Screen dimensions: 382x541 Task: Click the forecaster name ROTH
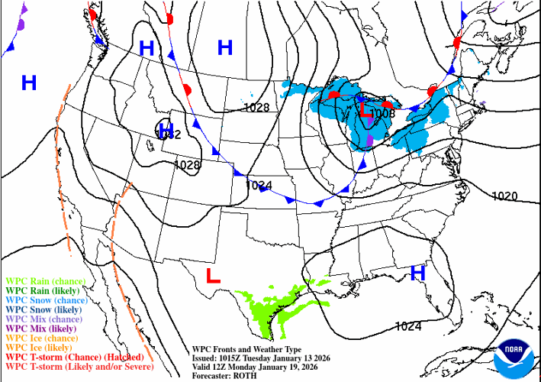245,374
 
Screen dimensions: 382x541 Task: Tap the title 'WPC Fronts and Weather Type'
242,347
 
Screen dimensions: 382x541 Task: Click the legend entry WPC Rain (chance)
45,281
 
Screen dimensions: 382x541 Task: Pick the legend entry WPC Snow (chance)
47,300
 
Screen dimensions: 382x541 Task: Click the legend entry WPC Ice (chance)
42,338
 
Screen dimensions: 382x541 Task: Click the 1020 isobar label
504,196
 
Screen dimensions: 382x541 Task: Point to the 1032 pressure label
167,134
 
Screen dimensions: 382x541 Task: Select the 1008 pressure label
382,113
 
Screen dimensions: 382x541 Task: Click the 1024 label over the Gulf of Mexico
407,326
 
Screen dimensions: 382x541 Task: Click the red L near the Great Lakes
365,112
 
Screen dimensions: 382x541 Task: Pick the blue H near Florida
417,272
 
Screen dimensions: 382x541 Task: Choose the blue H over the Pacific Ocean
29,83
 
